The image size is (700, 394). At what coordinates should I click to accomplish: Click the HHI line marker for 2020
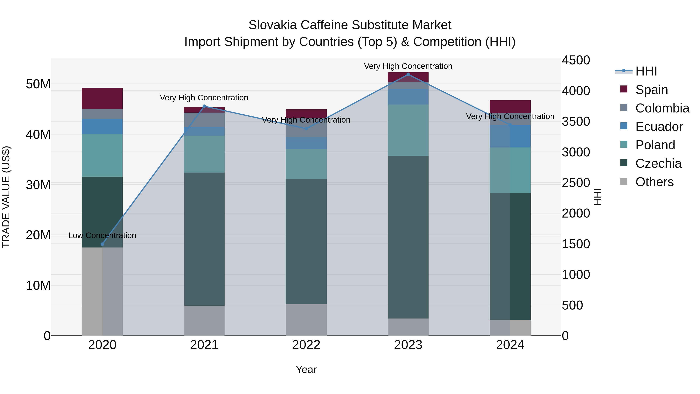click(102, 244)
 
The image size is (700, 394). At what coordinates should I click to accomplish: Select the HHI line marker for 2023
click(408, 75)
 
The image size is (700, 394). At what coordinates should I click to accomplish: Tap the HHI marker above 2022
click(306, 129)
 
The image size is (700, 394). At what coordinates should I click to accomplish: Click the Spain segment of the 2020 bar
click(102, 98)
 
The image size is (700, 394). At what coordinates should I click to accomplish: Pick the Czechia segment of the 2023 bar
click(408, 237)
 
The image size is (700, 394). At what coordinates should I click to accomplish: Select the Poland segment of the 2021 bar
click(204, 154)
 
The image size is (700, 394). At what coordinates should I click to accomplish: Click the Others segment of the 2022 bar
click(306, 319)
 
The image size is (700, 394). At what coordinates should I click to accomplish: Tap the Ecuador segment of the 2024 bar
click(510, 136)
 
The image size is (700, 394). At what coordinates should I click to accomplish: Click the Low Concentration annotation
click(102, 235)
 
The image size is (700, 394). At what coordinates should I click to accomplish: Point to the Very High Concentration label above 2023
click(408, 66)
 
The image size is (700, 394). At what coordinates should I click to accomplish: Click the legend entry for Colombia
click(662, 108)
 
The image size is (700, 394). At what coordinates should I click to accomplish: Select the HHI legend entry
click(646, 71)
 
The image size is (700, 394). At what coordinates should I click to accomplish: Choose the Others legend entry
click(654, 182)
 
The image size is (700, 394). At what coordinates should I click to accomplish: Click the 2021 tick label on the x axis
click(204, 345)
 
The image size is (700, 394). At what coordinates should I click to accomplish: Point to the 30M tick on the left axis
click(38, 185)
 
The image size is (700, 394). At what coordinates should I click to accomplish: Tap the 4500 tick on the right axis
click(576, 60)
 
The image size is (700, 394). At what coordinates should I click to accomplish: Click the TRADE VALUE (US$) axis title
click(6, 197)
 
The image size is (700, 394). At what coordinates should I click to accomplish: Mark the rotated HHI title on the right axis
click(597, 197)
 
